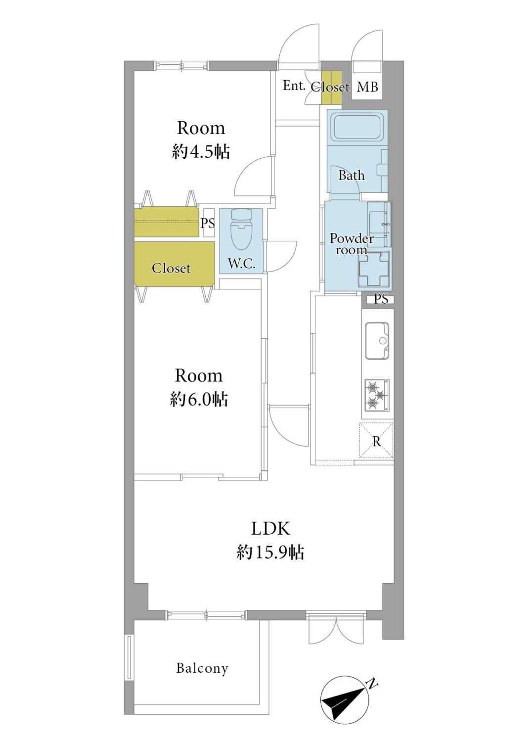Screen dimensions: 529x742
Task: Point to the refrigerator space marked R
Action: [x=376, y=441]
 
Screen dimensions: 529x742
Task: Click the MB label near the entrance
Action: [x=367, y=87]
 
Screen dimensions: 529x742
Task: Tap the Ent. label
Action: [x=294, y=86]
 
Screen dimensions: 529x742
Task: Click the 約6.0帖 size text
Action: [x=199, y=400]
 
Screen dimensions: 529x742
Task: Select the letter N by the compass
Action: [x=372, y=683]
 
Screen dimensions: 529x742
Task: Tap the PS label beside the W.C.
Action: [x=208, y=223]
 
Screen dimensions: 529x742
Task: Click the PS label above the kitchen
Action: [x=381, y=299]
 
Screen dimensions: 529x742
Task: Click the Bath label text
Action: [x=351, y=175]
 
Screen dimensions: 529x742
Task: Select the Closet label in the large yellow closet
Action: [x=171, y=268]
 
